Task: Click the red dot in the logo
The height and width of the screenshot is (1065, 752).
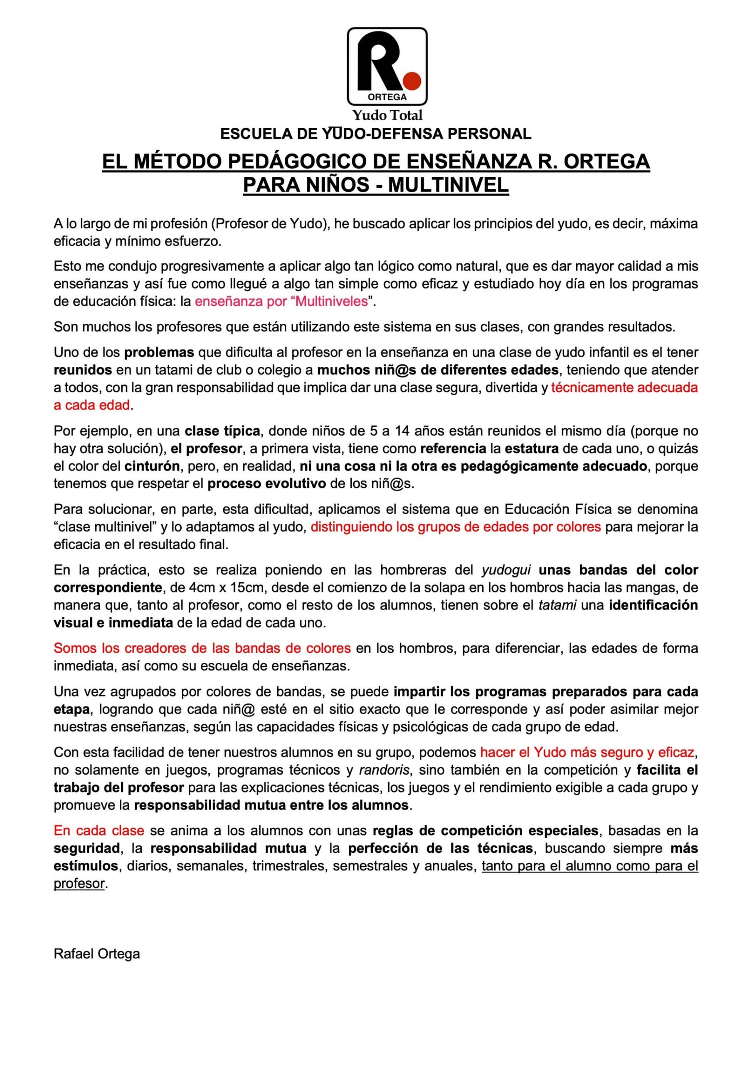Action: click(x=411, y=80)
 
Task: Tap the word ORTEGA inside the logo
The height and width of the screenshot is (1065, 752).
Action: click(x=387, y=97)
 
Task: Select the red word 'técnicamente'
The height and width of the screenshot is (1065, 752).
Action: click(x=591, y=388)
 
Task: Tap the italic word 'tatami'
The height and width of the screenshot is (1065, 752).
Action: click(x=557, y=605)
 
